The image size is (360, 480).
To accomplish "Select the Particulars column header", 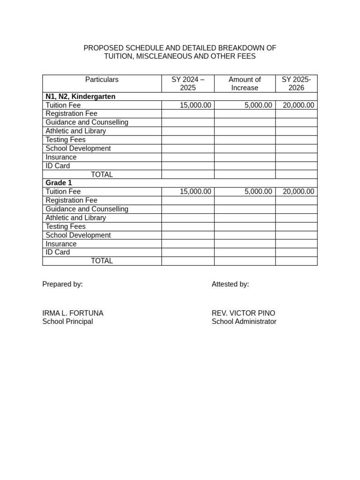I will point(102,80).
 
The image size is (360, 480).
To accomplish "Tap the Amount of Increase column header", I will point(245,83).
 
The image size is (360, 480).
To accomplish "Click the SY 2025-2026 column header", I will point(296,83).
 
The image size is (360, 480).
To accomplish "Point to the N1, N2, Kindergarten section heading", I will point(80,97).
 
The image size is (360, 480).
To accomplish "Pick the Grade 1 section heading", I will point(59,183).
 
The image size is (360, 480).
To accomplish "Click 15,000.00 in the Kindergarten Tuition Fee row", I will point(195,105).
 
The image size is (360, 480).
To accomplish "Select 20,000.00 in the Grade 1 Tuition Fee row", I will point(299,192).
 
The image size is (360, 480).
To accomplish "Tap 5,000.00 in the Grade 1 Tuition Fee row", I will point(258,192).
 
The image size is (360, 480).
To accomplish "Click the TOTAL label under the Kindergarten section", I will point(102,174).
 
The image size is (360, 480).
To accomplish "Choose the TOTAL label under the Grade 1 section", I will point(102,261).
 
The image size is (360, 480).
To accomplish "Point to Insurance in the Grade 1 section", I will point(61,244).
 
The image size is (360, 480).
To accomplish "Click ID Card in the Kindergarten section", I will point(58,166).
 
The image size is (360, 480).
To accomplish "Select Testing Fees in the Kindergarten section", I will point(66,140).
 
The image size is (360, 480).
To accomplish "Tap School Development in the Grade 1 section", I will point(78,235).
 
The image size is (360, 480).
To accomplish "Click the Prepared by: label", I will point(62,284).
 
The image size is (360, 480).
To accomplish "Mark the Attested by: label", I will point(230,284).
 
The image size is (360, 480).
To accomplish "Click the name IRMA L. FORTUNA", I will point(73,313).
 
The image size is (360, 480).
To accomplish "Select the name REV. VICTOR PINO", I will point(243,313).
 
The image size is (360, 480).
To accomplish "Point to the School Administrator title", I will point(244,322).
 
